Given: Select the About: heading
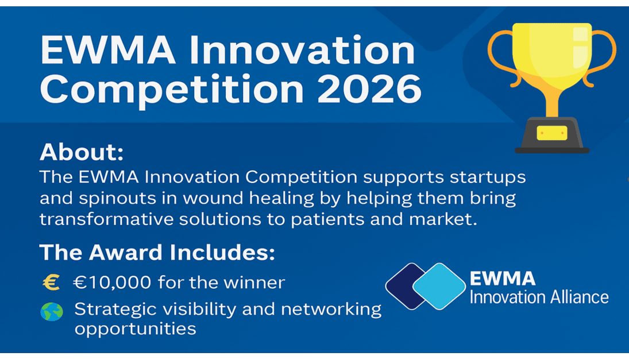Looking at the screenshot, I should (82, 153).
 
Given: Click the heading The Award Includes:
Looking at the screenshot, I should (157, 253).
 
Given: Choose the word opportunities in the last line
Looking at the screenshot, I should (136, 330).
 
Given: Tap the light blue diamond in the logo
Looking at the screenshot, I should (440, 286).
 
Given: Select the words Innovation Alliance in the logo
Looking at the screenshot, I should (539, 297).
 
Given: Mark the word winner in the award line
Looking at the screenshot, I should (261, 282).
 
